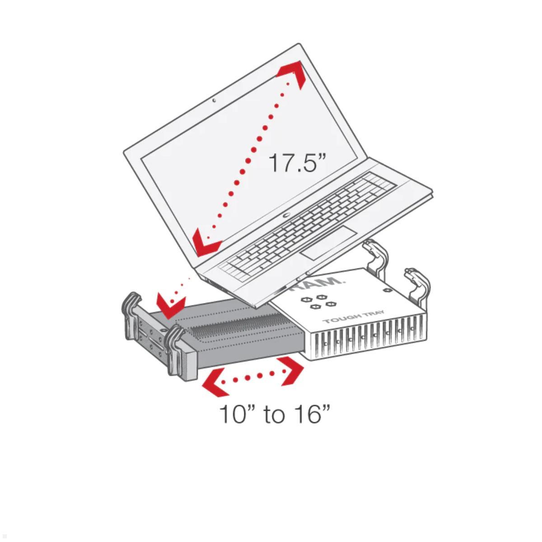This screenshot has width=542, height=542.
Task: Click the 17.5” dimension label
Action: coord(297,162)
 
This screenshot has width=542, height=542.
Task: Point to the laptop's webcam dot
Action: coord(214,100)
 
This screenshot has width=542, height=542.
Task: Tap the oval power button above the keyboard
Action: coord(286,215)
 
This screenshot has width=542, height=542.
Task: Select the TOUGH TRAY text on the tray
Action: coord(353,316)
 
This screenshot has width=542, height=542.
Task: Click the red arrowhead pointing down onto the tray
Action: coord(172,306)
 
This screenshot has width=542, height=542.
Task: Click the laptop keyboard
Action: coord(308,224)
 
